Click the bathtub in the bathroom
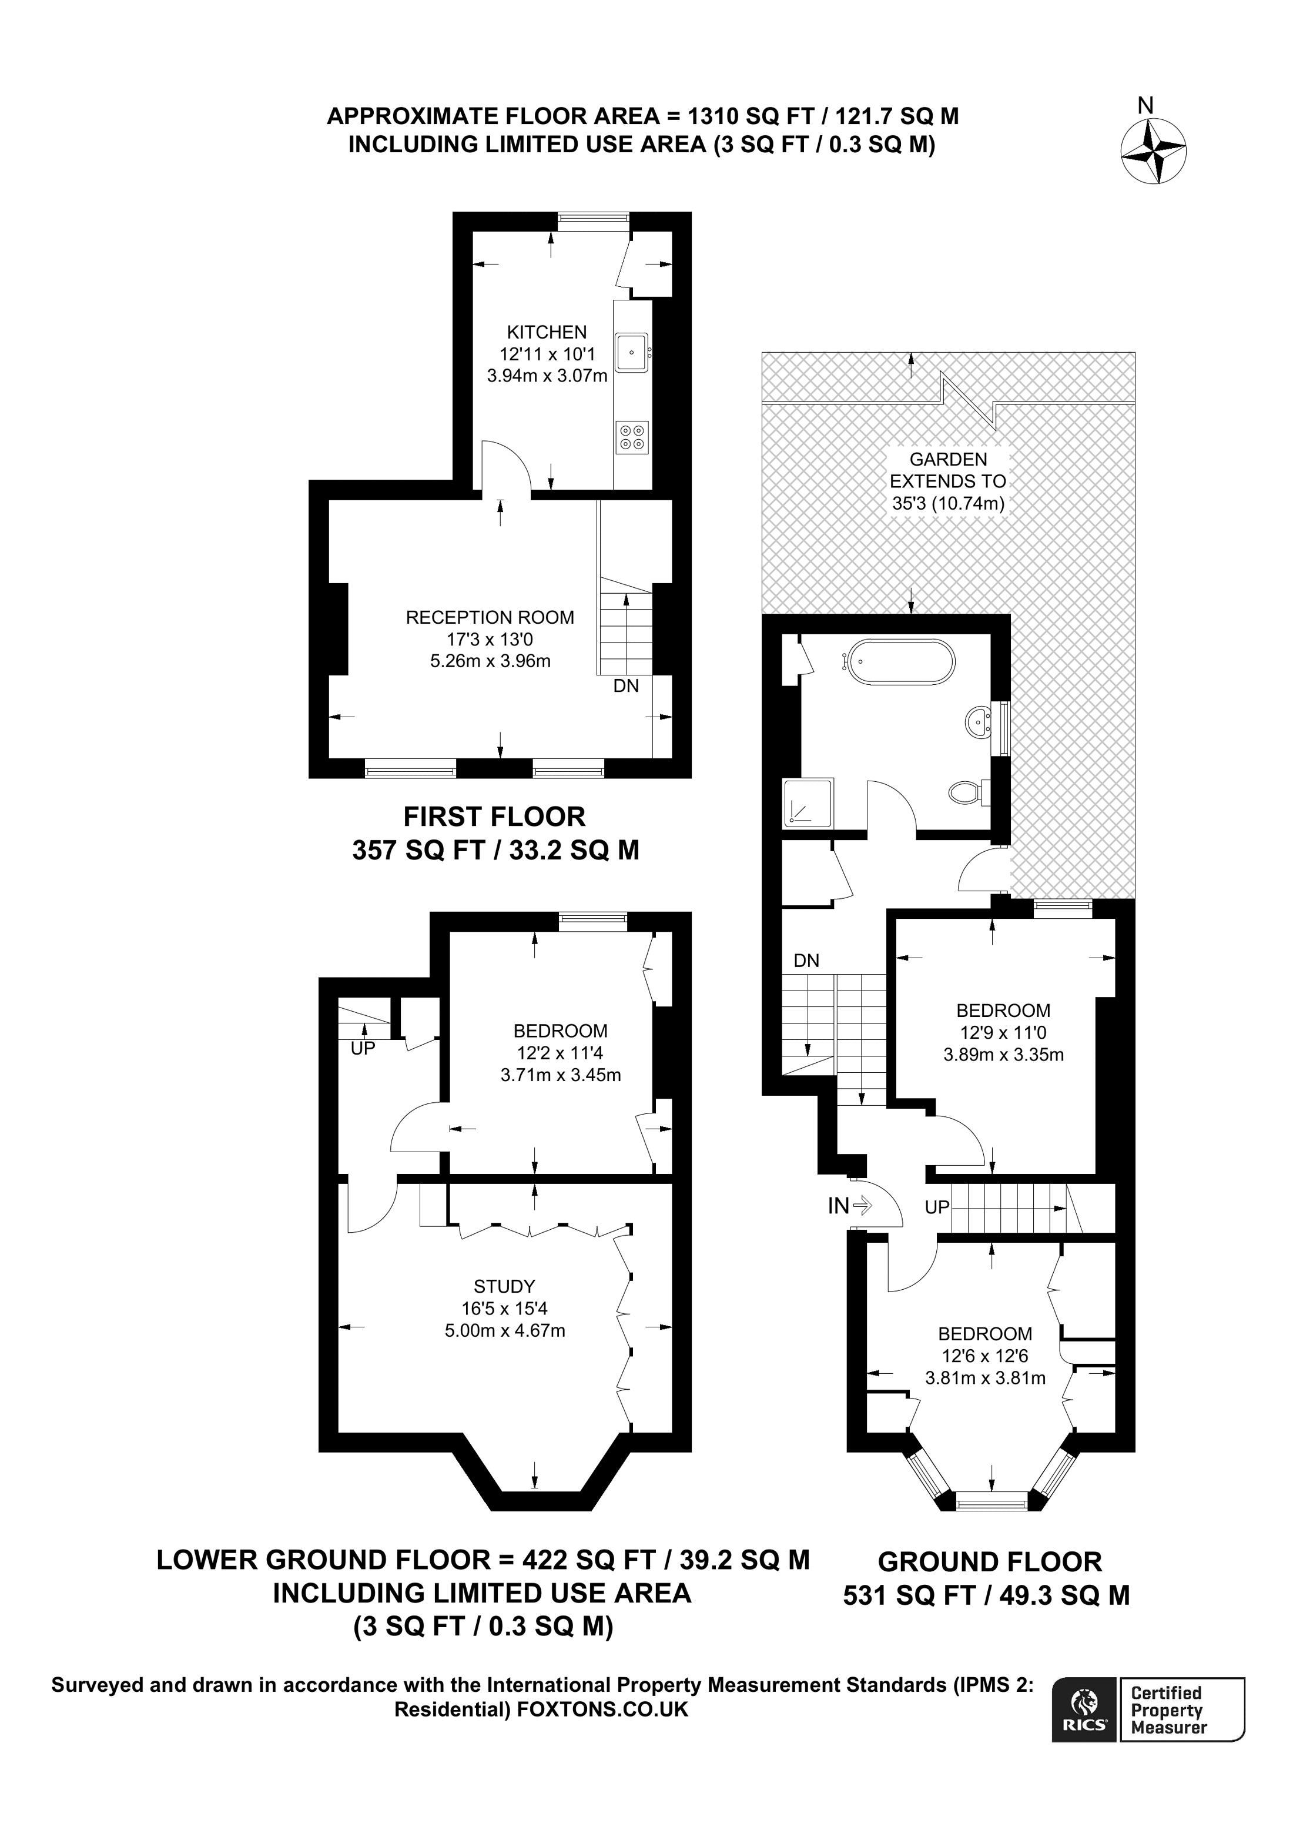click(x=901, y=661)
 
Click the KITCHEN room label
click(x=547, y=332)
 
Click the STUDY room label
click(x=504, y=1286)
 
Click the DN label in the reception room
click(x=626, y=685)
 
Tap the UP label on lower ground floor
click(x=363, y=1048)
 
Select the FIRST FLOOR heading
click(x=494, y=817)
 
